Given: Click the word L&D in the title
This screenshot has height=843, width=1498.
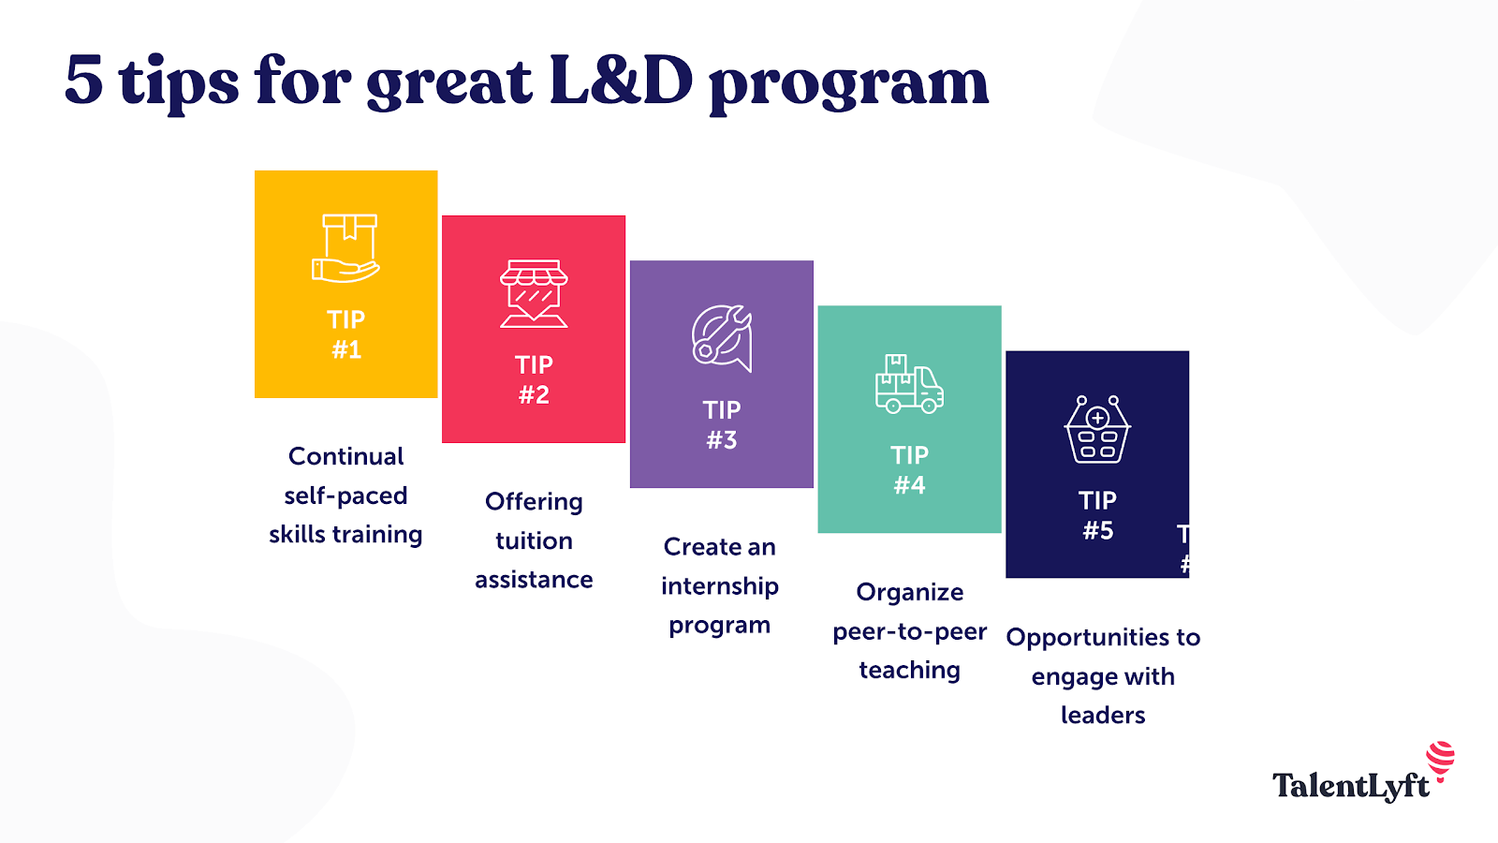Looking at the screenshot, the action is click(622, 81).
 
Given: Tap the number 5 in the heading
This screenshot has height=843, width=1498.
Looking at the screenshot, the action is click(84, 81).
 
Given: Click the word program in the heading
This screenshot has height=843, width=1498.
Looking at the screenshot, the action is click(848, 87).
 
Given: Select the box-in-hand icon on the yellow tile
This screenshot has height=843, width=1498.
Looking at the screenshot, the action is click(345, 247).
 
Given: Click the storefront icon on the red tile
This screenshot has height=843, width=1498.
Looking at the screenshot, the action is click(534, 294).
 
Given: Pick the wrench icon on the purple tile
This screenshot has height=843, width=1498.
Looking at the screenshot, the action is click(722, 338).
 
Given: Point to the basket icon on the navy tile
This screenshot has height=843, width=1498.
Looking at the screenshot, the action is click(1097, 430).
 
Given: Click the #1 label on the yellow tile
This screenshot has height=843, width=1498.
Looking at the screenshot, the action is click(346, 350).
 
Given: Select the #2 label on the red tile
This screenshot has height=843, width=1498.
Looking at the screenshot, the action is click(534, 394).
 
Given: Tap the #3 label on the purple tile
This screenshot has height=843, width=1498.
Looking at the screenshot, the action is click(722, 440).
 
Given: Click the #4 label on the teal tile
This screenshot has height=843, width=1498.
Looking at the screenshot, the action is click(909, 485).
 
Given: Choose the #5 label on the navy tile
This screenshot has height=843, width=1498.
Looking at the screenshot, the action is click(1097, 530).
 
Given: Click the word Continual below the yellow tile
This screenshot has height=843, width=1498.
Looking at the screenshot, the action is click(345, 456).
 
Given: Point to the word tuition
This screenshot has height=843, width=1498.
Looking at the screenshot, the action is click(534, 540).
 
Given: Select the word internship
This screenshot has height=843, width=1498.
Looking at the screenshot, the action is click(720, 586).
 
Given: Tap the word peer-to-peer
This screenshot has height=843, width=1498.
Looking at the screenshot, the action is click(909, 632).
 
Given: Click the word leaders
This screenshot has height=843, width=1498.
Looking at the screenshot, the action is click(1103, 716).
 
